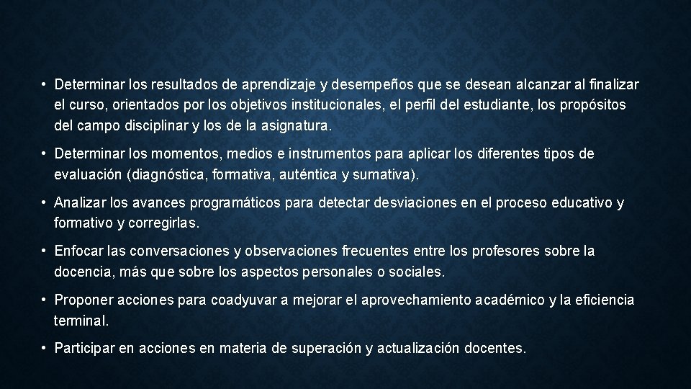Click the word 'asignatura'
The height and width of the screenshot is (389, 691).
[294, 125]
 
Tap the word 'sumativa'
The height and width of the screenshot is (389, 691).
[388, 175]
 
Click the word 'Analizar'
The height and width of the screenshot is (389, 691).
[78, 204]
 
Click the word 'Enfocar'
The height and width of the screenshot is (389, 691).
[78, 252]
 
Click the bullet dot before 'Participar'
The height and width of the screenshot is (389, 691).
[45, 349]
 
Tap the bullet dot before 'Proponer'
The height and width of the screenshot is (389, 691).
[45, 300]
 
